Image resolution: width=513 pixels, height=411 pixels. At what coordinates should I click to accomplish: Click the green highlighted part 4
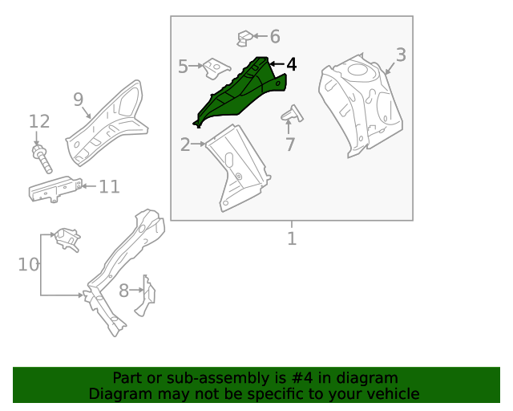click(x=240, y=92)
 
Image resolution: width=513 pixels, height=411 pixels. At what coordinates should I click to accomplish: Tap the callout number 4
click(x=291, y=64)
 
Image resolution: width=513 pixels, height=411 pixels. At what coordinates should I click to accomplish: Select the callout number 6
click(x=274, y=36)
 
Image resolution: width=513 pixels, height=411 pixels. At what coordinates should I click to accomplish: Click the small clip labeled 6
click(x=247, y=37)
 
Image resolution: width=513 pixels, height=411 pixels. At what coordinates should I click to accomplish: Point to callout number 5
click(x=183, y=67)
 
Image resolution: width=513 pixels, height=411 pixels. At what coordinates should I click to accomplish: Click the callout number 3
click(x=401, y=55)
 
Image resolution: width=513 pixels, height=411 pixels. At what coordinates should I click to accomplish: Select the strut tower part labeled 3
click(x=361, y=100)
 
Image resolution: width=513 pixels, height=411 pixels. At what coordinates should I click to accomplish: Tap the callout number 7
click(x=290, y=145)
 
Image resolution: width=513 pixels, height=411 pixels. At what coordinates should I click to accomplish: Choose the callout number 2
click(x=185, y=144)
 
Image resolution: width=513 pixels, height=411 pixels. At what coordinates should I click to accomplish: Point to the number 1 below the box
click(x=292, y=238)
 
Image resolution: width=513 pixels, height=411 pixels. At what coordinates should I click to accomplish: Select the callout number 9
click(x=79, y=99)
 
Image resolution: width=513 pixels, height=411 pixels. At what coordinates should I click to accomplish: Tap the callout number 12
click(x=39, y=121)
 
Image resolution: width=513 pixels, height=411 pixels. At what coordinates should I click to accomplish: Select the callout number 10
click(x=28, y=264)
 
